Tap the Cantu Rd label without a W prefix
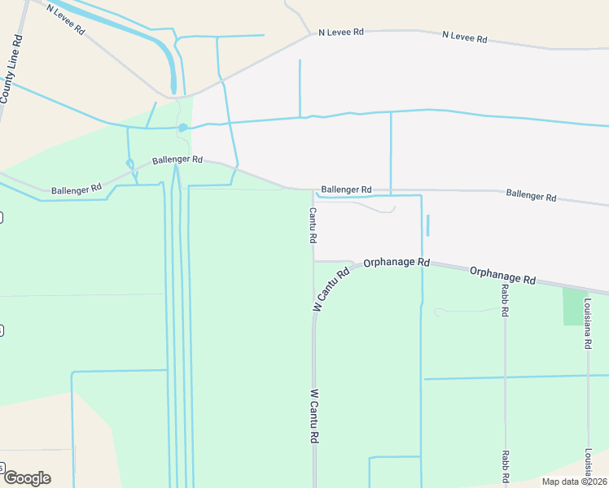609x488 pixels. pyautogui.click(x=313, y=226)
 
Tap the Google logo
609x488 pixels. pyautogui.click(x=27, y=477)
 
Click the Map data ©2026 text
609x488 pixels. pyautogui.click(x=574, y=481)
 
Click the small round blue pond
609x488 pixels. pyautogui.click(x=183, y=128)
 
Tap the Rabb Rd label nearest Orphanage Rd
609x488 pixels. pyautogui.click(x=505, y=300)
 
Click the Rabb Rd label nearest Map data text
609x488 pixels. pyautogui.click(x=505, y=467)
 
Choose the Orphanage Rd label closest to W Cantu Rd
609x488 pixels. pyautogui.click(x=397, y=263)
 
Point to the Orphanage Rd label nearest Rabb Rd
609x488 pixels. pyautogui.click(x=502, y=274)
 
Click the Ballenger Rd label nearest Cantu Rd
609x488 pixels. pyautogui.click(x=346, y=189)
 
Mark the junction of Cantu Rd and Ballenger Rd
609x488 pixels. pyautogui.click(x=313, y=191)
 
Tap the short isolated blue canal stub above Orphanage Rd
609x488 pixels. pyautogui.click(x=427, y=225)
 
